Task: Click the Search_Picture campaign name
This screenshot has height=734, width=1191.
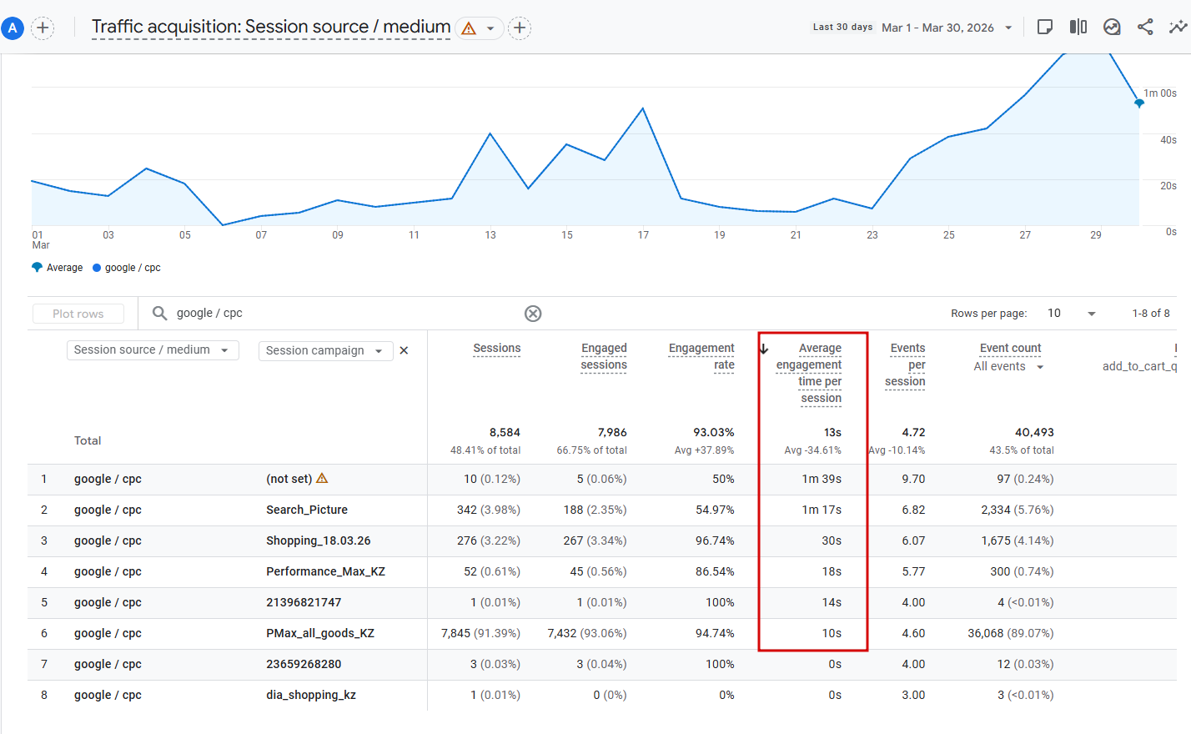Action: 307,510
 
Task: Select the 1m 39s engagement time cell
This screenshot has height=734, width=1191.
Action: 822,479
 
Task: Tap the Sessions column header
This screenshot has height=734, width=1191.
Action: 496,349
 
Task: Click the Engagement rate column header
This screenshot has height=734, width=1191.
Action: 701,356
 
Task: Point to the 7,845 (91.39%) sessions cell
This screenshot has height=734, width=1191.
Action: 480,633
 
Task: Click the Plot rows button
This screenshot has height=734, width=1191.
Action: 78,314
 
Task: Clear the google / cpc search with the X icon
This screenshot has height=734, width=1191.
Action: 533,314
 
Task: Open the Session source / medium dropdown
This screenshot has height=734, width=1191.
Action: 152,350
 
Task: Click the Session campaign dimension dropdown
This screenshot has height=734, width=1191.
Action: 324,351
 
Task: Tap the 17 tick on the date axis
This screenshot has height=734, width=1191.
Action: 643,235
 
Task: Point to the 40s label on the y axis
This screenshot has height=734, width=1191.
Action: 1168,140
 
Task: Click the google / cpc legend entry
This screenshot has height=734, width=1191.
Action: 127,268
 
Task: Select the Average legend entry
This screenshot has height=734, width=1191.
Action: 58,268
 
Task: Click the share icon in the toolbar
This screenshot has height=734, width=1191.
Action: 1145,28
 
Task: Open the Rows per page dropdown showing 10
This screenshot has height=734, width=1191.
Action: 1072,314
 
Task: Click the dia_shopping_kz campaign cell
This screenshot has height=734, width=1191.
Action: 311,695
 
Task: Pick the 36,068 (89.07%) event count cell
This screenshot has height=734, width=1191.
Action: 1010,633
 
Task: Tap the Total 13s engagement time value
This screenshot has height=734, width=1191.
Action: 832,432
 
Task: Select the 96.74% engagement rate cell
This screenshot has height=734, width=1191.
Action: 715,540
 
